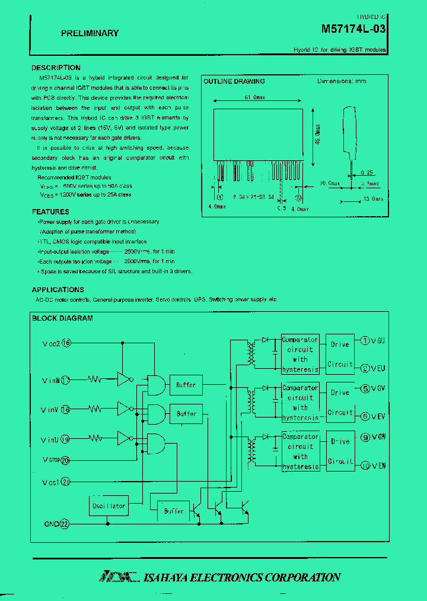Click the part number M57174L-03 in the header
coord(353,29)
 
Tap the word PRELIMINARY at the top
coord(90,33)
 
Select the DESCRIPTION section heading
coord(56,68)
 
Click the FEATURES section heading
coord(50,212)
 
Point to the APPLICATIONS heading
coord(58,290)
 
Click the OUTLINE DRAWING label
coord(234,81)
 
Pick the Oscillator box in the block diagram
coord(109,505)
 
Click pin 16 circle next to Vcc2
coord(66,343)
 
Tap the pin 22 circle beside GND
coord(65,524)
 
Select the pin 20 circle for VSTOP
coord(65,460)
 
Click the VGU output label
coord(378,340)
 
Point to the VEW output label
coord(378,466)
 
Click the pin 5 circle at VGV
coord(365,390)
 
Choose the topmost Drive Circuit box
coord(340,354)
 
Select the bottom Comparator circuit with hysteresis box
coord(300,451)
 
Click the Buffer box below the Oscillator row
coord(174,511)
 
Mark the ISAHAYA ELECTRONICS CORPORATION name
coord(242,577)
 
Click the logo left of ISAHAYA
coord(119,577)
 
